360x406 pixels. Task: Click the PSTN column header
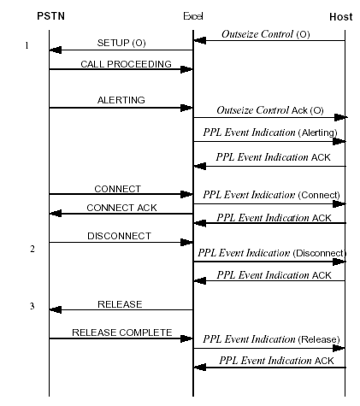tap(50, 16)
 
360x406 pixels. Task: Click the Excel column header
tap(193, 16)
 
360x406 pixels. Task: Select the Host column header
tap(340, 16)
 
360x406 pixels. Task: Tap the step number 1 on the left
tap(26, 45)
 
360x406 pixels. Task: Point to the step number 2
tap(32, 249)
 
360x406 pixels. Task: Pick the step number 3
tap(32, 305)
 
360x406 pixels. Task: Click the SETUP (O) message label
tap(120, 43)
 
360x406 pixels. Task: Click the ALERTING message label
tap(121, 100)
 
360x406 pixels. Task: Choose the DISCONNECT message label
tap(119, 235)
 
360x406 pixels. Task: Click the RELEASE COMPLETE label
tap(121, 332)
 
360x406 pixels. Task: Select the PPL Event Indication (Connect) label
tap(271, 194)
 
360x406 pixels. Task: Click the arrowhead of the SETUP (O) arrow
tap(55, 50)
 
